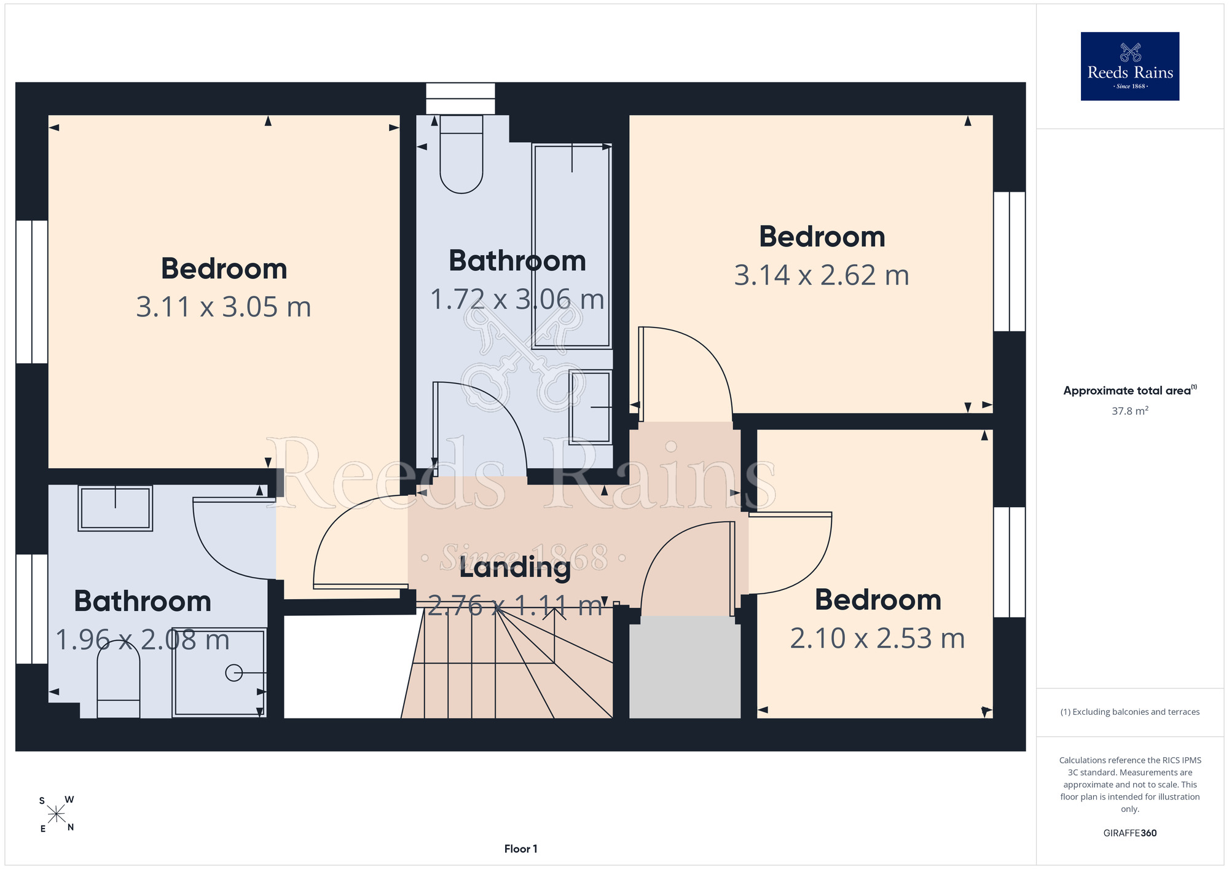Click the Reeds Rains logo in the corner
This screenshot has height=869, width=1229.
coord(1129,66)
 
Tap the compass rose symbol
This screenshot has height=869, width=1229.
coord(57,814)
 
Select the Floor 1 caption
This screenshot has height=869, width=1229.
coord(520,849)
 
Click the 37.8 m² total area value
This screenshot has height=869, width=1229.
coord(1129,411)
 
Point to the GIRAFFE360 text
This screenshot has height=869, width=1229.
coord(1129,833)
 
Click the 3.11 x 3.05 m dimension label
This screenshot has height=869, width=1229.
coord(224,307)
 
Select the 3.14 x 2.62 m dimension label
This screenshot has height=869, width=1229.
coord(822,275)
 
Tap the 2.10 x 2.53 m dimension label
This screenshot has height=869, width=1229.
coord(878,638)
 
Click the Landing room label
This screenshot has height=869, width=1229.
coord(515,568)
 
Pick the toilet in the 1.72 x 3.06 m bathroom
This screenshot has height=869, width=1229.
coord(461,154)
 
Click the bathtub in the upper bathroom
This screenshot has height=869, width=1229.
coord(572,246)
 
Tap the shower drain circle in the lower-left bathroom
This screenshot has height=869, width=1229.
coord(234,673)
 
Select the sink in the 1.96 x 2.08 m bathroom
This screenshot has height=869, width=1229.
coord(115,508)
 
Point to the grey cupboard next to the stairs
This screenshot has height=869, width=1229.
coord(685,667)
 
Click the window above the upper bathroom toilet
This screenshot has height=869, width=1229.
coord(460,98)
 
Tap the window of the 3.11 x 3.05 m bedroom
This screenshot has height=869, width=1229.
coord(31,291)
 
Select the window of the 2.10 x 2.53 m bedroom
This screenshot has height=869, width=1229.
coord(1010,562)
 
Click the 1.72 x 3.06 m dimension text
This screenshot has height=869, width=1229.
coord(517,299)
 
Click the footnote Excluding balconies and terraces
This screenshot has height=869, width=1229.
coord(1129,712)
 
